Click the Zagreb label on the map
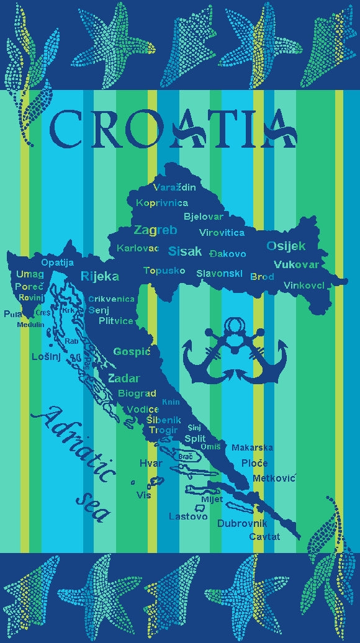pyautogui.click(x=155, y=230)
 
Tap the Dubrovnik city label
pyautogui.click(x=241, y=523)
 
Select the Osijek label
pyautogui.click(x=286, y=246)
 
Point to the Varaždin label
pyautogui.click(x=174, y=187)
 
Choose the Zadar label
pyautogui.click(x=124, y=379)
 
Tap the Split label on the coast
pyautogui.click(x=195, y=438)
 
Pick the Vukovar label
pyautogui.click(x=296, y=264)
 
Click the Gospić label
pyautogui.click(x=132, y=352)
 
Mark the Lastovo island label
pyautogui.click(x=187, y=516)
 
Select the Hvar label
pyautogui.click(x=151, y=463)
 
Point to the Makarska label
pyautogui.click(x=252, y=447)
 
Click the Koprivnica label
pyautogui.click(x=161, y=203)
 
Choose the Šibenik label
pyautogui.click(x=164, y=420)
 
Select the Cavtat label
pyautogui.click(x=264, y=536)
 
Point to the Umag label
pyautogui.click(x=30, y=274)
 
